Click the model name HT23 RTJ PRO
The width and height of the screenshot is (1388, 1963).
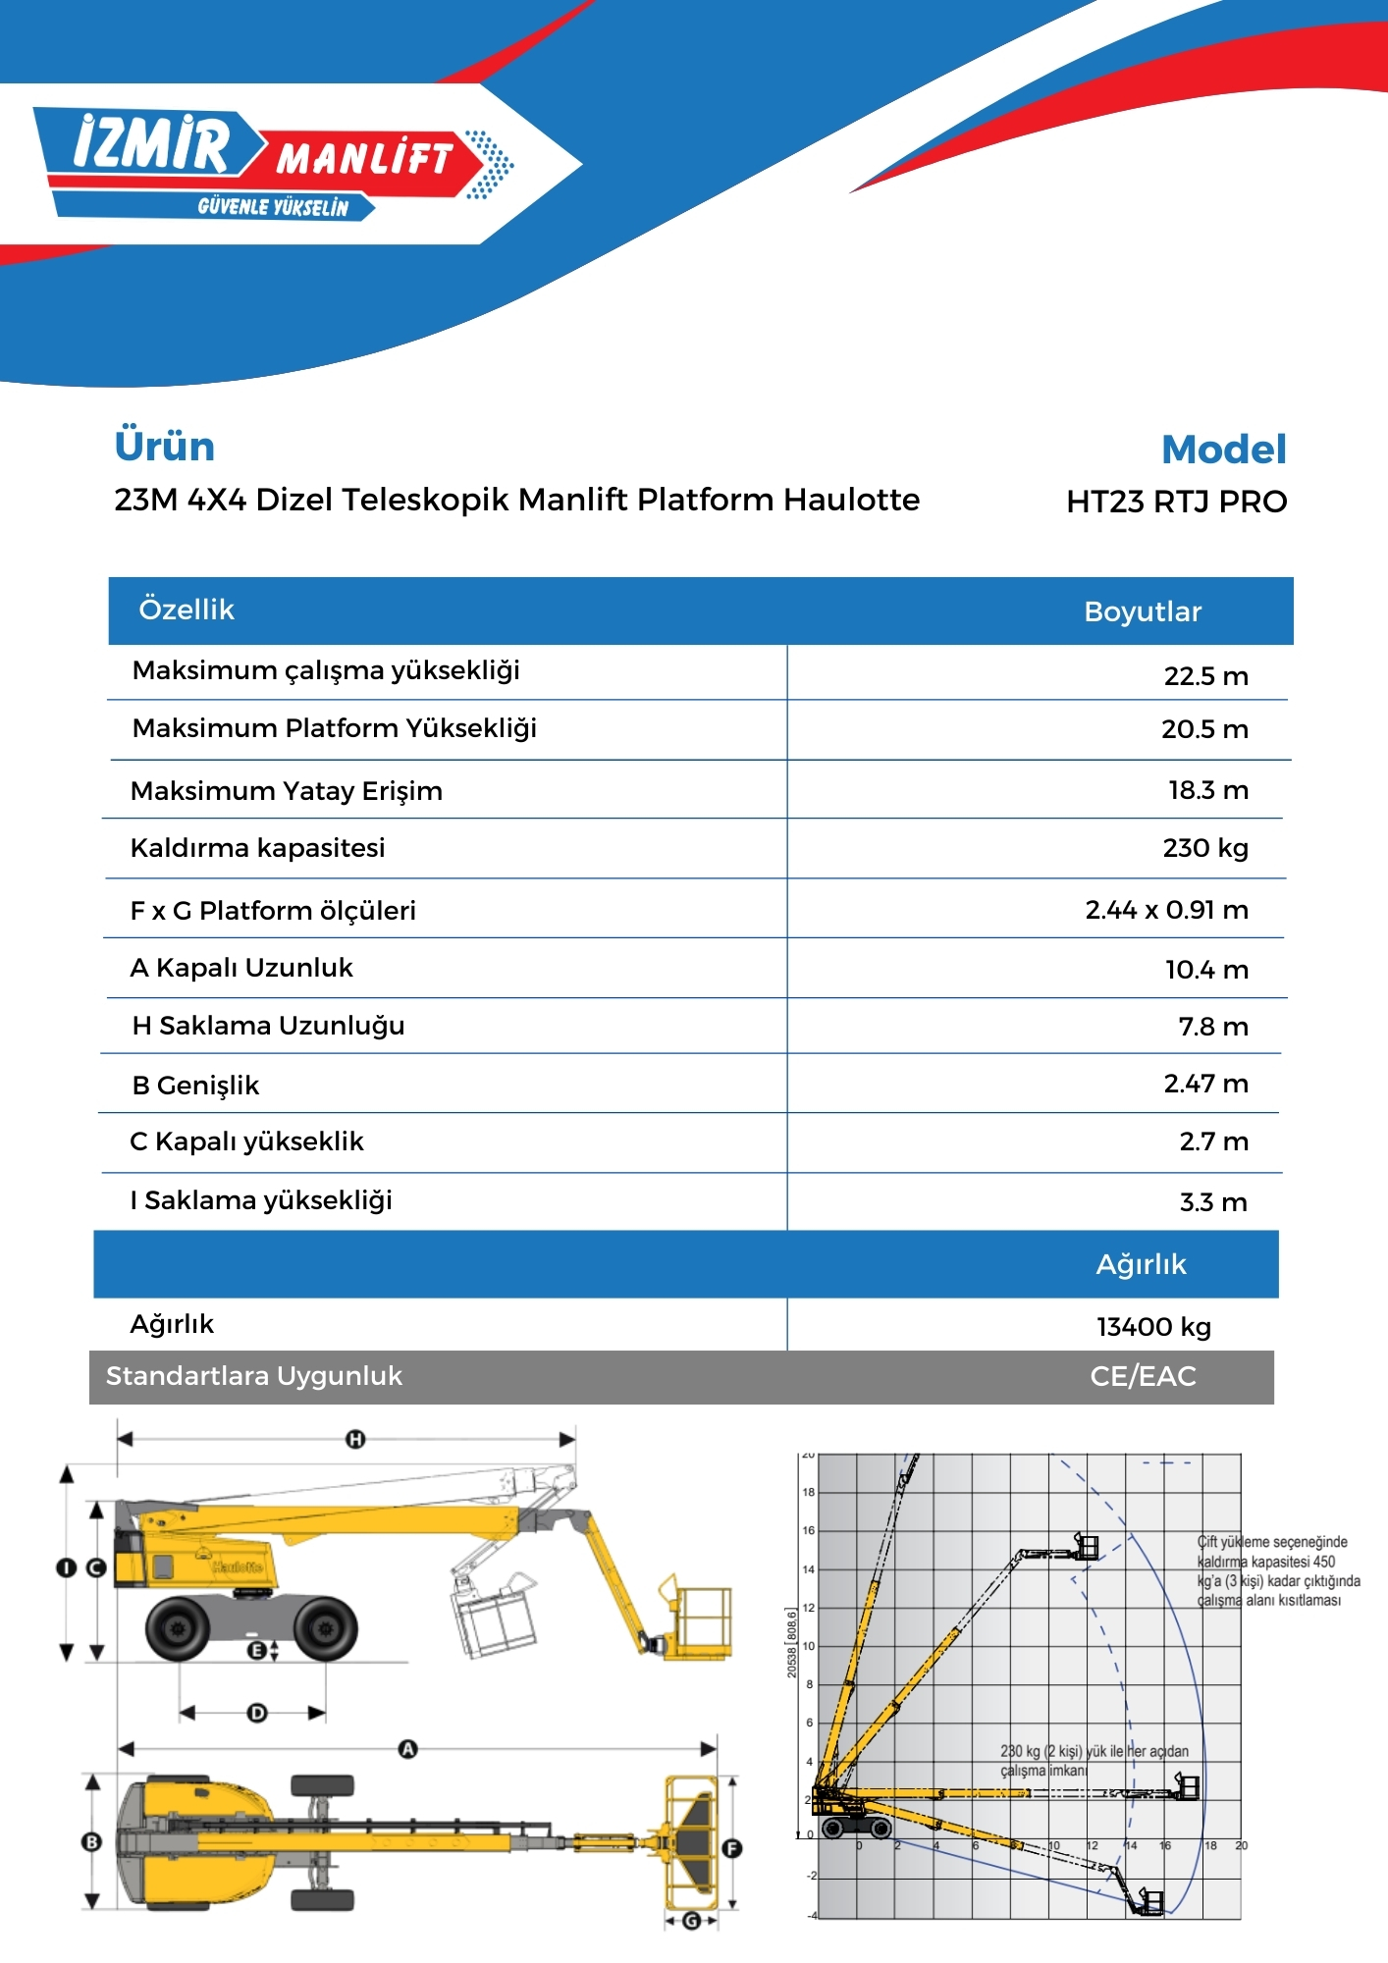point(1176,502)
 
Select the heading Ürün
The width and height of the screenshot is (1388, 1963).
point(164,447)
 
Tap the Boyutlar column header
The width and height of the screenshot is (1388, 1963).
point(1142,611)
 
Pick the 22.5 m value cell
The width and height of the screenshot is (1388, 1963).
point(1205,676)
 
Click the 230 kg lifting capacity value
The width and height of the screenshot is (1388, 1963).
point(1204,848)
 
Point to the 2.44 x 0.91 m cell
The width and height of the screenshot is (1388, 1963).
point(1166,910)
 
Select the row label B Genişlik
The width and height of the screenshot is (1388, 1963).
point(195,1086)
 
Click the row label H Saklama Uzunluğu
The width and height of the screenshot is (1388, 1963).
point(268,1026)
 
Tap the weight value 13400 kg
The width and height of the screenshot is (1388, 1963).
point(1153,1327)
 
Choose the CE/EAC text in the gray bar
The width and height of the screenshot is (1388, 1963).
point(1143,1376)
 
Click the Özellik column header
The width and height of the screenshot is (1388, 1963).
point(187,610)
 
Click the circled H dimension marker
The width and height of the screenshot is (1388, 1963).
point(355,1440)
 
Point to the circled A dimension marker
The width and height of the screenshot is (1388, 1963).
point(408,1748)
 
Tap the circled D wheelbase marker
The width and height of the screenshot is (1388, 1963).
point(257,1713)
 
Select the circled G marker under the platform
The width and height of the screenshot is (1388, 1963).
point(691,1921)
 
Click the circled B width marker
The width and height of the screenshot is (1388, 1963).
point(91,1842)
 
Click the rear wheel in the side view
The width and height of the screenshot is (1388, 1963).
point(179,1628)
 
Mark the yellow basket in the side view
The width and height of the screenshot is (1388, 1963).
point(695,1624)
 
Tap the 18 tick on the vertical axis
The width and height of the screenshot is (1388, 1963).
point(809,1492)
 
